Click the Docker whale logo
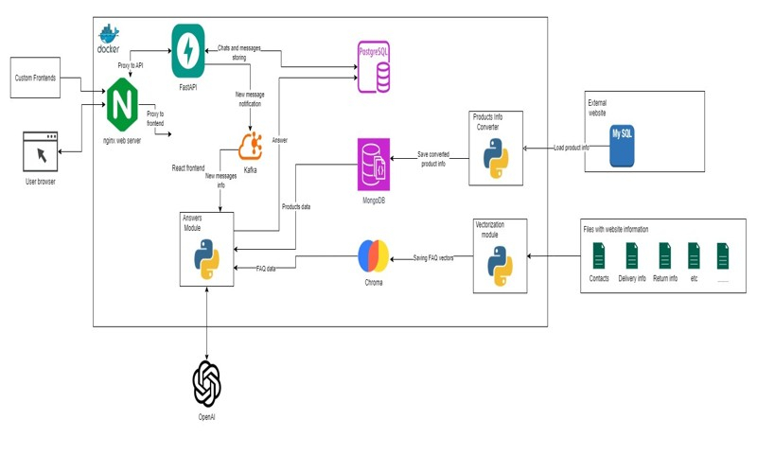point(109,34)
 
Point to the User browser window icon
point(39,150)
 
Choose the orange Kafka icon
point(251,146)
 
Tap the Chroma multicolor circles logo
point(373,256)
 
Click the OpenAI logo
point(206,382)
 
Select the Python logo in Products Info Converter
point(496,159)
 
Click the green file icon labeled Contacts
point(599,256)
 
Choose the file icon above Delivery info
point(631,256)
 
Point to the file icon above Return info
point(665,256)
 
